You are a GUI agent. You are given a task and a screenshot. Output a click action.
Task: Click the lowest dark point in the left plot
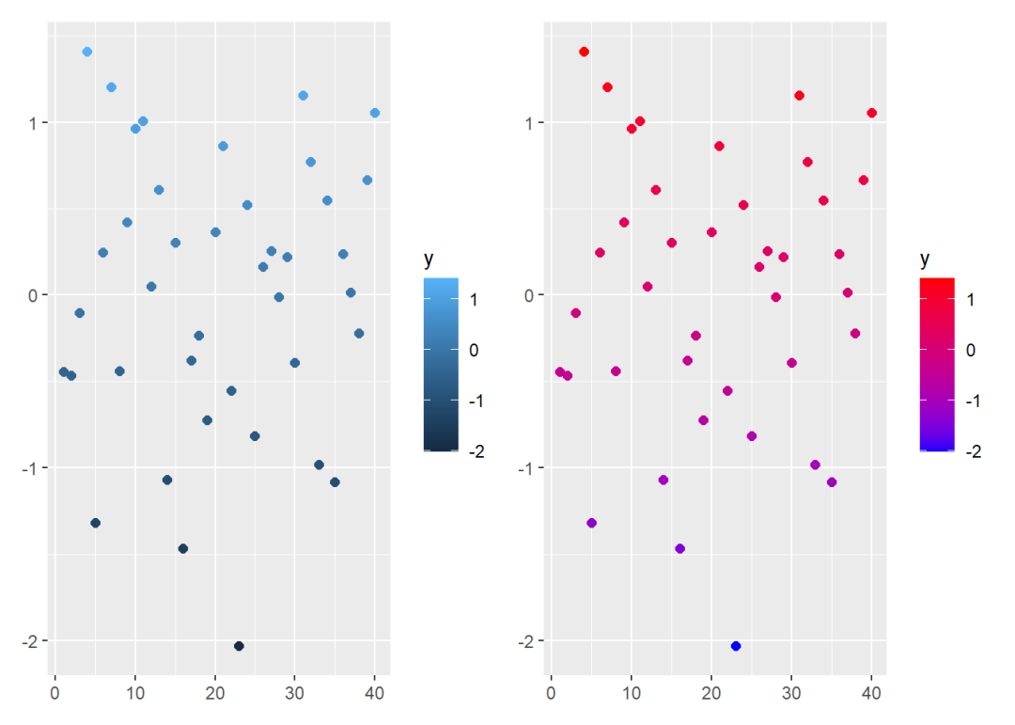click(x=239, y=646)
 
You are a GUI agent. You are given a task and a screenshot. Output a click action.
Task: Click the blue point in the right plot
click(x=736, y=646)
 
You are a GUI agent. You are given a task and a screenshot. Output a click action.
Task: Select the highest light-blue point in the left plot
click(x=87, y=52)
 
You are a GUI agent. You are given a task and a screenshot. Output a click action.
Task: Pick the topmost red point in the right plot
click(x=584, y=52)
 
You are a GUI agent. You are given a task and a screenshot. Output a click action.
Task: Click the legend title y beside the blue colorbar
click(x=429, y=259)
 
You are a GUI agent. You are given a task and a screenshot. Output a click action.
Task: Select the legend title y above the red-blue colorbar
click(x=925, y=259)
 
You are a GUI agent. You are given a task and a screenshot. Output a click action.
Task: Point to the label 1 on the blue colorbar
click(x=474, y=300)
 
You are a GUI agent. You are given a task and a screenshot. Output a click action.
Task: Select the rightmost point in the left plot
click(x=375, y=113)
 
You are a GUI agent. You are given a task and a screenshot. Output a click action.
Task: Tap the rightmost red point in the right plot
click(x=871, y=113)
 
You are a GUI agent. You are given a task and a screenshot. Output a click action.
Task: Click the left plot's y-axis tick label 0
click(x=34, y=295)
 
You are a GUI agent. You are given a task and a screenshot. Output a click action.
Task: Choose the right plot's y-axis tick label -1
click(x=527, y=468)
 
